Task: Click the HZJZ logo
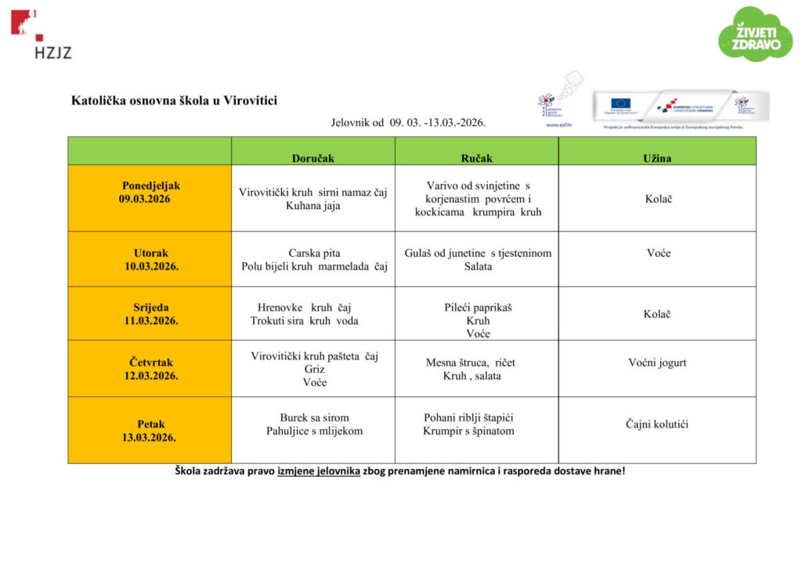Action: [x=41, y=34]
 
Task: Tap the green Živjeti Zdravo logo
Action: [x=755, y=33]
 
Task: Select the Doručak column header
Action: [x=312, y=158]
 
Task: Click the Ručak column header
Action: [x=476, y=158]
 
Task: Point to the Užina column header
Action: [x=657, y=158]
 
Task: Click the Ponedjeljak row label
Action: [x=150, y=193]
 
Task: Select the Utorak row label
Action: [x=150, y=259]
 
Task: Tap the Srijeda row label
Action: [x=150, y=314]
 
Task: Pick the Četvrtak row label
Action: [x=150, y=369]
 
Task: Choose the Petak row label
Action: [x=150, y=431]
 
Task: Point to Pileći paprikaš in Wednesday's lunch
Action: [x=478, y=308]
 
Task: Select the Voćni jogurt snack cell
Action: [x=657, y=363]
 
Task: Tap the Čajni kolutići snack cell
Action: [x=657, y=424]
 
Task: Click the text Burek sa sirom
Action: [x=314, y=417]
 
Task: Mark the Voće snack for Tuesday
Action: [x=658, y=253]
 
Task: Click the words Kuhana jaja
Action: [x=313, y=206]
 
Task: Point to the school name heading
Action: [x=174, y=100]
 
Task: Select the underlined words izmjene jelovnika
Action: [x=319, y=471]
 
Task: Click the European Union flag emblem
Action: [x=620, y=103]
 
